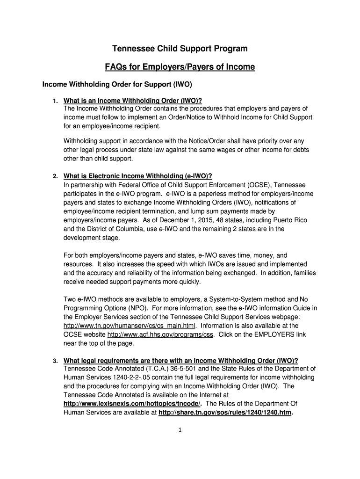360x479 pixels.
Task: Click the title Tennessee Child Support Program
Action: [x=180, y=49]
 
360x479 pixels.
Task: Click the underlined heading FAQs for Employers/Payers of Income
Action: [x=180, y=67]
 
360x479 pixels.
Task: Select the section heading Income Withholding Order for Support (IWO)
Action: [x=117, y=86]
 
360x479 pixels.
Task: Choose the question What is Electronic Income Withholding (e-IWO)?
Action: [x=138, y=176]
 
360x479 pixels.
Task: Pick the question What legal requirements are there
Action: [x=181, y=360]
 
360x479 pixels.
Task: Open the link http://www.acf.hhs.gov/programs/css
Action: [x=160, y=334]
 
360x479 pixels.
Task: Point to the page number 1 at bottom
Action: [x=180, y=431]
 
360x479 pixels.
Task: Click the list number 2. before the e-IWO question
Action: [x=55, y=176]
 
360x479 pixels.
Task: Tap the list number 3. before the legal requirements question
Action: [x=55, y=361]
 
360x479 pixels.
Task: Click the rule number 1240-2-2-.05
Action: [x=131, y=377]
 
